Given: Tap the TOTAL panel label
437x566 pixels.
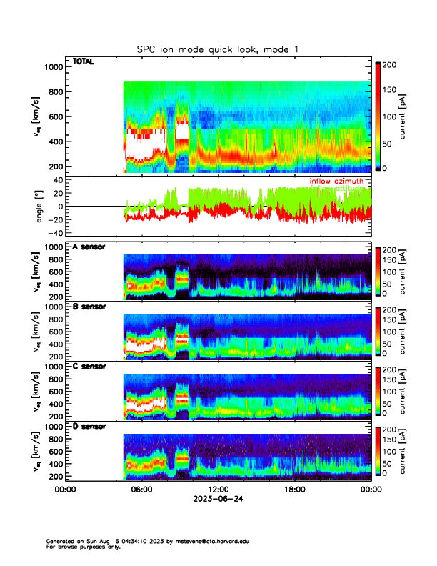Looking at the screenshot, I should [83, 62].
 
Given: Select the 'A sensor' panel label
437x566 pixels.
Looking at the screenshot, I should [89, 247].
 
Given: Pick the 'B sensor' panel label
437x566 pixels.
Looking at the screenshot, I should [89, 307].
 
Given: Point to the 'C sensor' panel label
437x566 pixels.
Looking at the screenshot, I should [89, 367].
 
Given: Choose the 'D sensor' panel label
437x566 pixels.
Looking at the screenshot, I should [89, 426].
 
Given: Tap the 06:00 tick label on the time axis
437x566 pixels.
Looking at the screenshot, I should [141, 490].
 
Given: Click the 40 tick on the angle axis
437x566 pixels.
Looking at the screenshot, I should [56, 180].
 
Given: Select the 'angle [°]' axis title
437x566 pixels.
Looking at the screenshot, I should [41, 207].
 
